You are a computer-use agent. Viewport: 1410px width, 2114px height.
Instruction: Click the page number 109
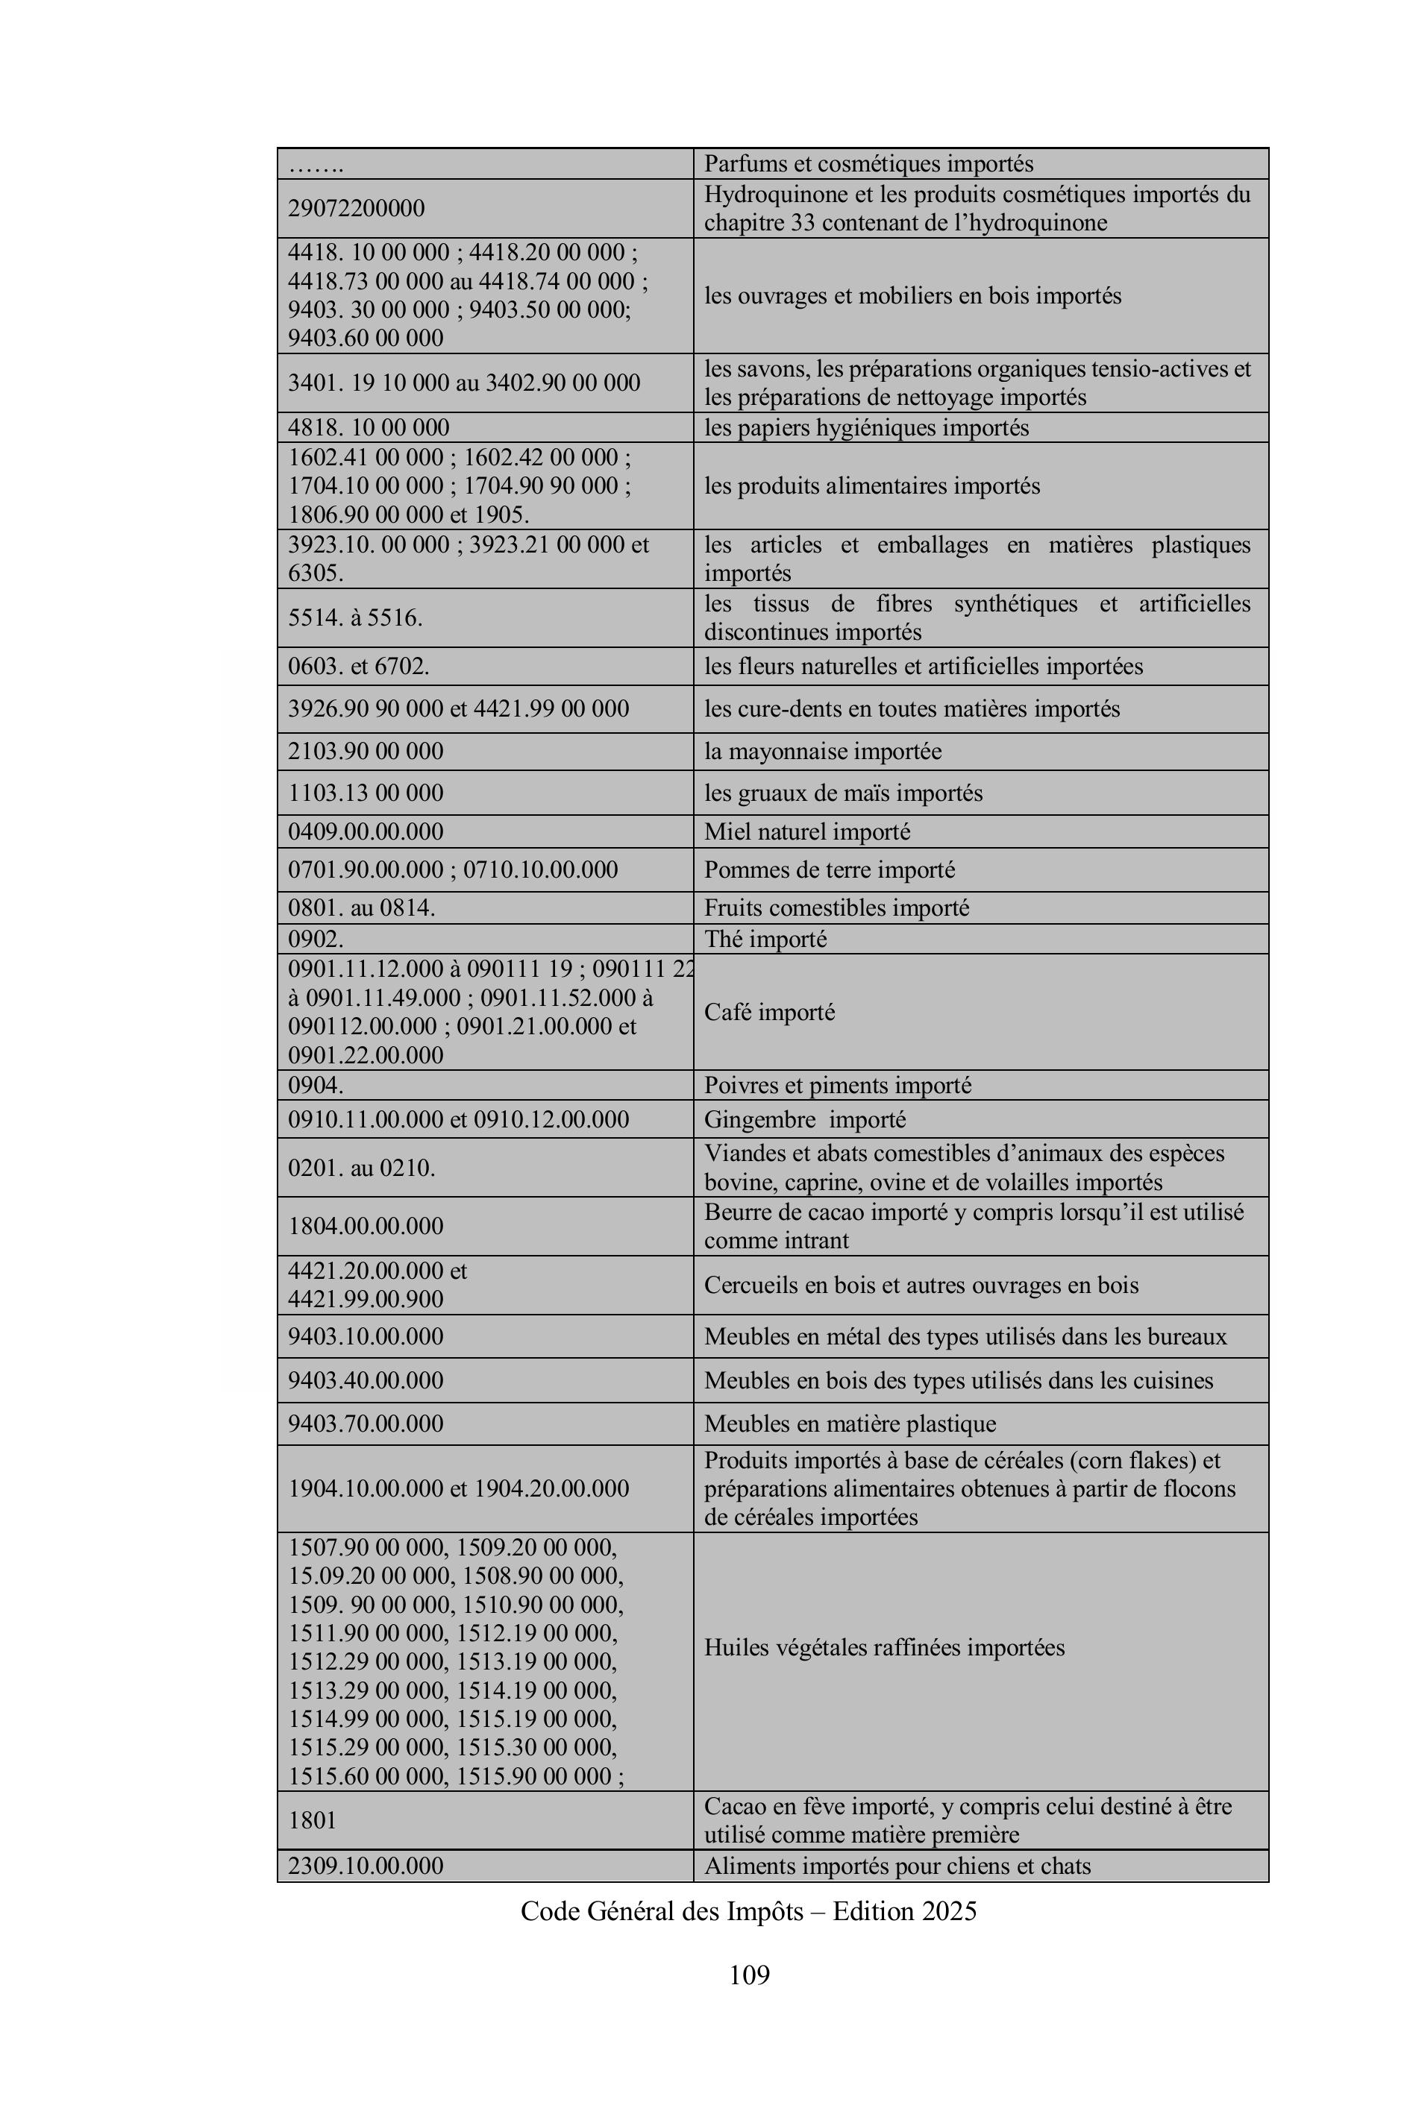(x=749, y=1975)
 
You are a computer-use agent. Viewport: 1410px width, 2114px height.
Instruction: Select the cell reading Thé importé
(x=765, y=940)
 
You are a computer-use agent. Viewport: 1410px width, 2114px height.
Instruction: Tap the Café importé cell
(x=770, y=1012)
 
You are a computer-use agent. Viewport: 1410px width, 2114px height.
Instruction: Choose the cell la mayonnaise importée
(x=823, y=752)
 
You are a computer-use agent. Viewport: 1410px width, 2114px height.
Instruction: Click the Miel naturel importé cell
(x=806, y=831)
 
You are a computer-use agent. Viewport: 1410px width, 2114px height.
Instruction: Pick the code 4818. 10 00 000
(x=369, y=428)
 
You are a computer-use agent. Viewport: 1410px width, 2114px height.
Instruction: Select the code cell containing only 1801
(x=312, y=1821)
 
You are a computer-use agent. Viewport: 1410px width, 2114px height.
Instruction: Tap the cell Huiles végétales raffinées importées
(x=884, y=1647)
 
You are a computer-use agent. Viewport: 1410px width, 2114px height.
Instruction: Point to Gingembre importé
(x=805, y=1120)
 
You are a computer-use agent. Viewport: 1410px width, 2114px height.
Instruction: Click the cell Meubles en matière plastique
(x=850, y=1424)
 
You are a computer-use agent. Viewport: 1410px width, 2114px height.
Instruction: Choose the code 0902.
(x=316, y=940)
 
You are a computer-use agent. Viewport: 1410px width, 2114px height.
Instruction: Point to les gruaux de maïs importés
(x=842, y=793)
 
